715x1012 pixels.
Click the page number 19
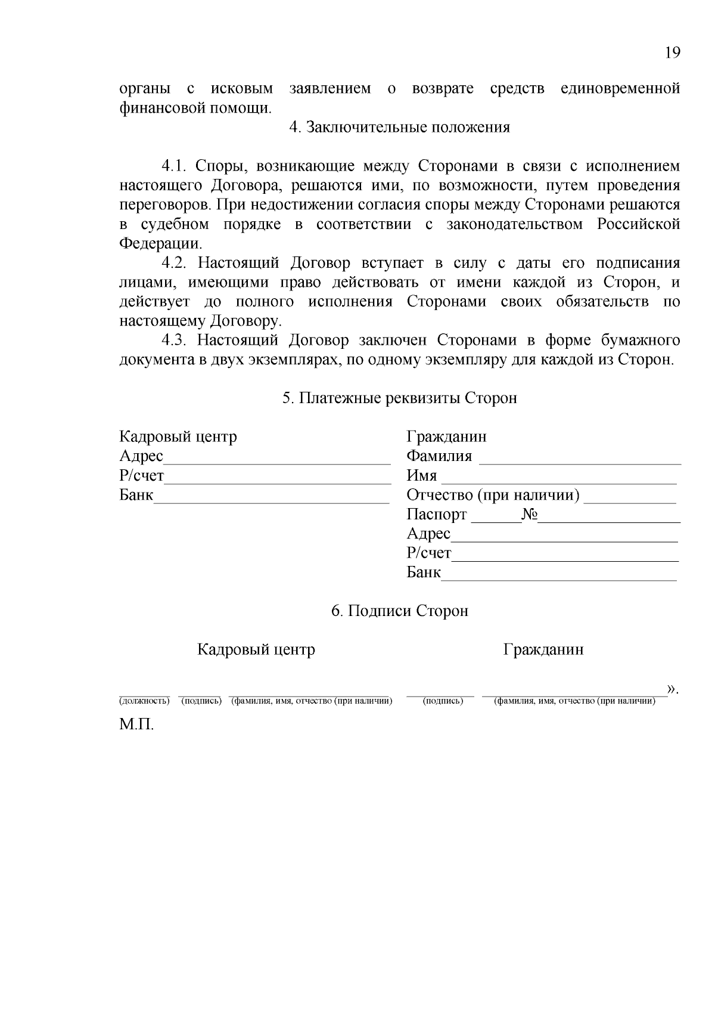(672, 53)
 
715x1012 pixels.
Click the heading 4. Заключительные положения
(399, 128)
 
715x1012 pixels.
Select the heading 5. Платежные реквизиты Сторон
(399, 398)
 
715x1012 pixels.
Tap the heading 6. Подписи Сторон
(399, 611)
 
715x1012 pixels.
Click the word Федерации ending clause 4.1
(160, 244)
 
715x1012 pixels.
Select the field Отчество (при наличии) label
(493, 496)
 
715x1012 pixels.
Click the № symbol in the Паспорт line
(529, 515)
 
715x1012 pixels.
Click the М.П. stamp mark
(136, 726)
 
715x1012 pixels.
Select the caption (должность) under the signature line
(144, 701)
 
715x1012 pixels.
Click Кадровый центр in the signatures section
(256, 649)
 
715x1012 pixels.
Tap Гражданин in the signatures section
(543, 649)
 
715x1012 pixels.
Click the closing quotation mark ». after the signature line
(673, 690)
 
